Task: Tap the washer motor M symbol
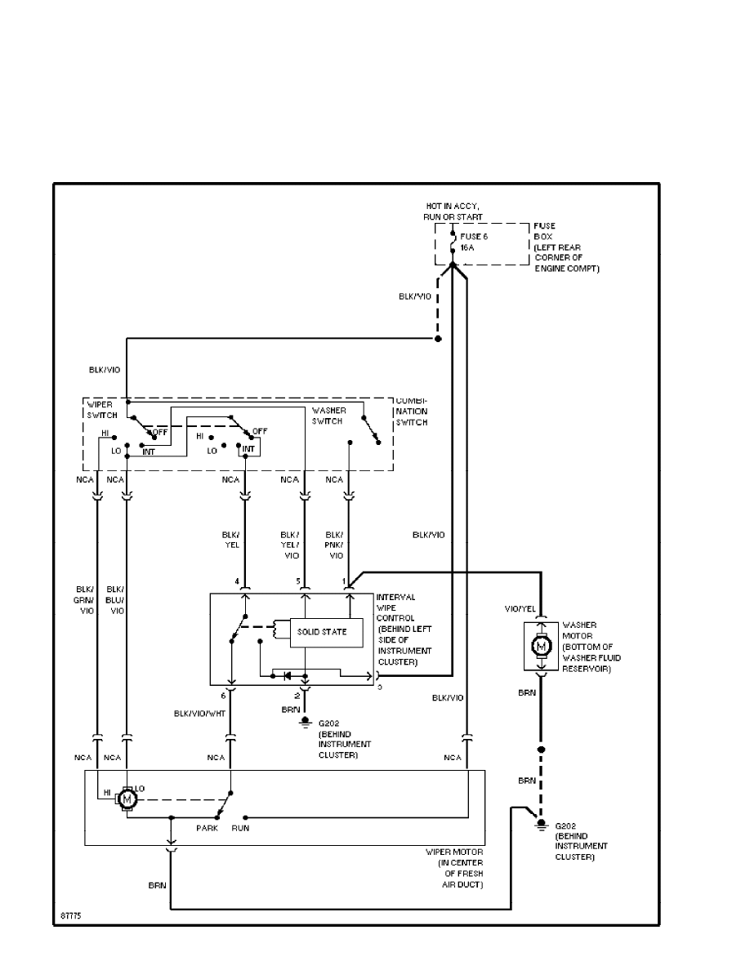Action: point(540,647)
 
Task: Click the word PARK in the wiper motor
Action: point(208,828)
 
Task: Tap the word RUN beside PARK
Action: point(240,828)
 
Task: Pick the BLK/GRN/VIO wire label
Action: point(86,599)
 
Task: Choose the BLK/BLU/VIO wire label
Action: point(115,599)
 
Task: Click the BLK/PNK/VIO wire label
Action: point(336,544)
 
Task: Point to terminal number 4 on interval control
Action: point(237,581)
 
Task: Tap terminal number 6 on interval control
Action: point(222,696)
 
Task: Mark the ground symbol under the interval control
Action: point(305,721)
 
